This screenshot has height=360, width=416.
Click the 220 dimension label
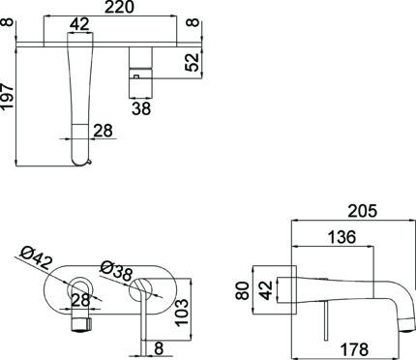pyautogui.click(x=119, y=7)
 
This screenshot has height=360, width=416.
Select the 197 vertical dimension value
pyautogui.click(x=8, y=96)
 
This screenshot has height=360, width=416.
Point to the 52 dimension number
pyautogui.click(x=193, y=62)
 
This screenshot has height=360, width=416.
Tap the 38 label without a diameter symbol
pyautogui.click(x=141, y=108)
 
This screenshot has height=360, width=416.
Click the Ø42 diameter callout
pyautogui.click(x=35, y=258)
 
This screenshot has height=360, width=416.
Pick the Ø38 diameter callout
pyautogui.click(x=116, y=271)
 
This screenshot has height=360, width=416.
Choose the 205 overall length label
pyautogui.click(x=363, y=211)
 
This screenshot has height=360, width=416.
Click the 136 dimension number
pyautogui.click(x=342, y=237)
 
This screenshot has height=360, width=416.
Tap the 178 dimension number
pyautogui.click(x=354, y=349)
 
